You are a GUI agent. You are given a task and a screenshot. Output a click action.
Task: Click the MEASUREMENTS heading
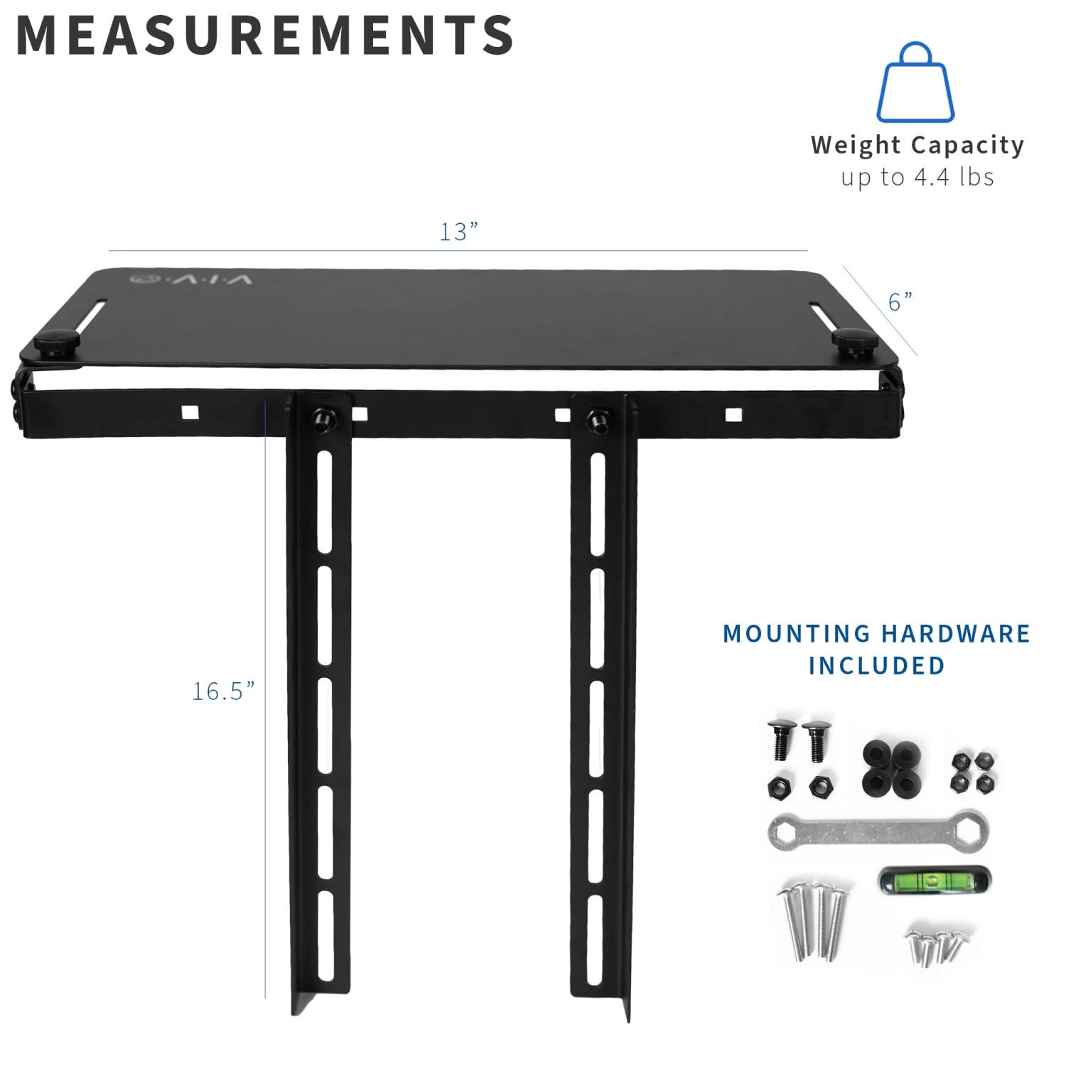264,36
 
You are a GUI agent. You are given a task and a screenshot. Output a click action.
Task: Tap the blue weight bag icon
915,84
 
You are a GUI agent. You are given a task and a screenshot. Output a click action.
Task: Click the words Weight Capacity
917,145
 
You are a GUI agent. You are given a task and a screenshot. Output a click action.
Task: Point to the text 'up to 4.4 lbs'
917,177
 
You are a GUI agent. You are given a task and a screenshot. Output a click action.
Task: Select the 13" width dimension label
458,232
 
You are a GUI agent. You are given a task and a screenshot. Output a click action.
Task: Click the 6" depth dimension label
900,302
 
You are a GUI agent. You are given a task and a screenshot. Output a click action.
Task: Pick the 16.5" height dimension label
223,691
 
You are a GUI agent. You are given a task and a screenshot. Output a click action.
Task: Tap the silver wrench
878,830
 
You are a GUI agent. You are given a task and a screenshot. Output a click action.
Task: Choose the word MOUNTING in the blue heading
797,633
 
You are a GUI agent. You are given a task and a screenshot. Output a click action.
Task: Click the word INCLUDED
877,666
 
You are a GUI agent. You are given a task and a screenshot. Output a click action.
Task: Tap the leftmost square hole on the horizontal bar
190,412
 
